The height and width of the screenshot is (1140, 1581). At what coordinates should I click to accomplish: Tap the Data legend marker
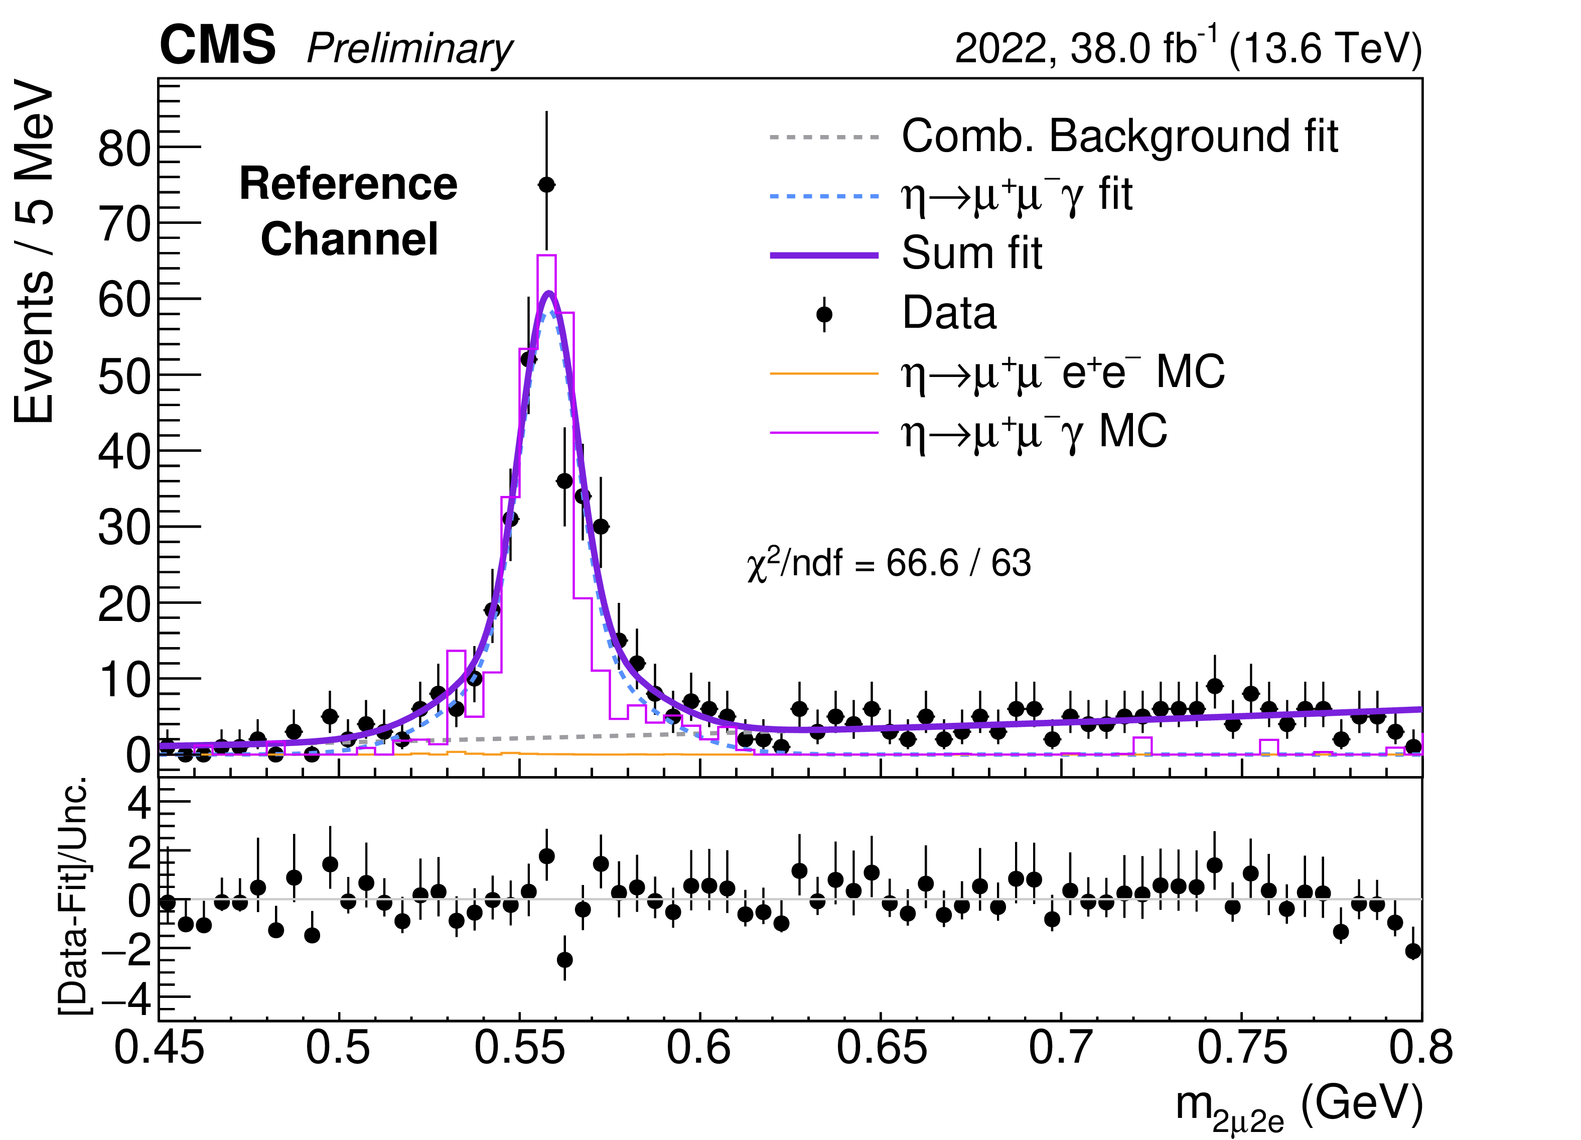click(x=824, y=314)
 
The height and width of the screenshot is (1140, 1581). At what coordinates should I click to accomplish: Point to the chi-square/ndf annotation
click(x=888, y=563)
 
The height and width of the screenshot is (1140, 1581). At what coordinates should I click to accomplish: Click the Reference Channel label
click(x=349, y=211)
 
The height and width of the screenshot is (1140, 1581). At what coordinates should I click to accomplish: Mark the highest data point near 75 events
click(x=546, y=185)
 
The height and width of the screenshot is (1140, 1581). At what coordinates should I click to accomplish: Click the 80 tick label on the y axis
click(x=124, y=149)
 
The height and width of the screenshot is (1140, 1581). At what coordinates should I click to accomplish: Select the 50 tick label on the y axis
click(x=124, y=376)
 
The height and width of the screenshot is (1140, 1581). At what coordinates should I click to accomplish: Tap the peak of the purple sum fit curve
click(x=549, y=294)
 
